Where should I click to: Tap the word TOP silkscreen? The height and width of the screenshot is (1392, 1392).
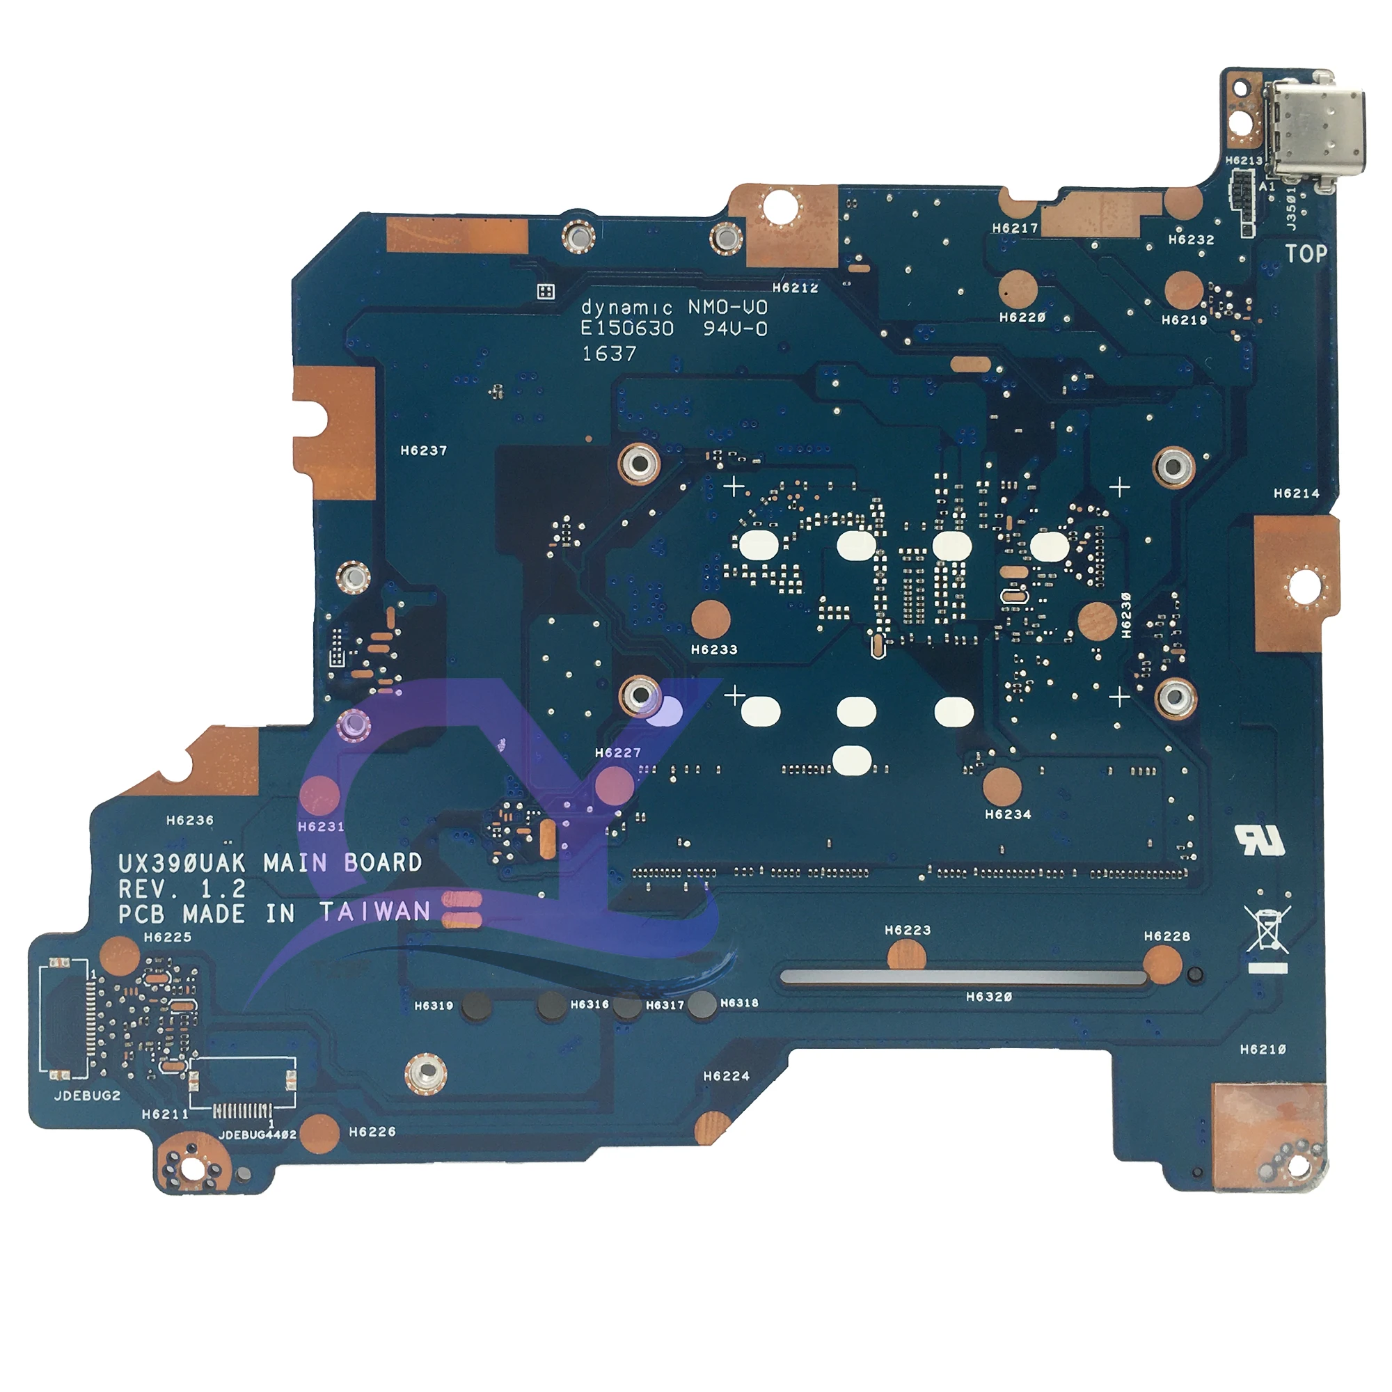point(1306,253)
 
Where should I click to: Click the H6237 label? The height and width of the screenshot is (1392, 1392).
point(424,451)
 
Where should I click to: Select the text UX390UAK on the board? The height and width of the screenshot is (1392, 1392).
point(182,863)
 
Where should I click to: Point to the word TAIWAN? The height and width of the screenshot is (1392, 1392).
point(375,912)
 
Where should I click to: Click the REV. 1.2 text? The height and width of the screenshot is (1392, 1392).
point(182,888)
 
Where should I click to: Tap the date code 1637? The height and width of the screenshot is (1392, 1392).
point(609,354)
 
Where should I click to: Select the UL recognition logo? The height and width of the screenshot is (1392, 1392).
point(1260,839)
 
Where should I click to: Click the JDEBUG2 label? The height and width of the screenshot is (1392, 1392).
point(87,1096)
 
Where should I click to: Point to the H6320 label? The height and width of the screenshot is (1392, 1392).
point(988,997)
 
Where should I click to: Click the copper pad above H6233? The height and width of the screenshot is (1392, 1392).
point(711,619)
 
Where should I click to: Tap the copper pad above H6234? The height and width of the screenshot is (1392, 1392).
point(1002,786)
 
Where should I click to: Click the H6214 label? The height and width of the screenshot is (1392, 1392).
point(1296,493)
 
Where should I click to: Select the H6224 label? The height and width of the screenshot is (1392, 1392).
point(726,1077)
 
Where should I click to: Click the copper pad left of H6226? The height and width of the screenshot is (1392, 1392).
point(319,1133)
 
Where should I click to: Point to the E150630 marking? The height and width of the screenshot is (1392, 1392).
point(627,329)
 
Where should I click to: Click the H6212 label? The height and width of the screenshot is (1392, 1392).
point(796,288)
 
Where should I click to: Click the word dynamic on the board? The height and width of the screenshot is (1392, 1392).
point(627,308)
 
